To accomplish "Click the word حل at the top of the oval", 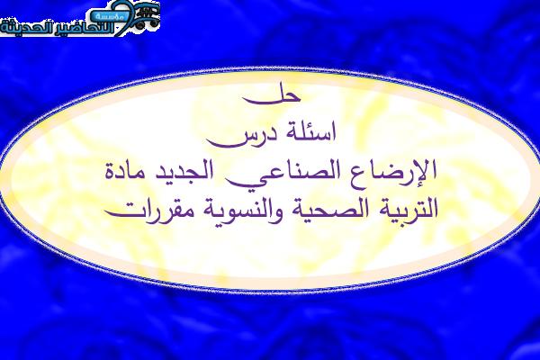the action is (272, 96).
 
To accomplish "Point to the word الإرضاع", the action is (390, 170).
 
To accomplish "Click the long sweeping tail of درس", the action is (228, 143).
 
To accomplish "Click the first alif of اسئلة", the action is (333, 131).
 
